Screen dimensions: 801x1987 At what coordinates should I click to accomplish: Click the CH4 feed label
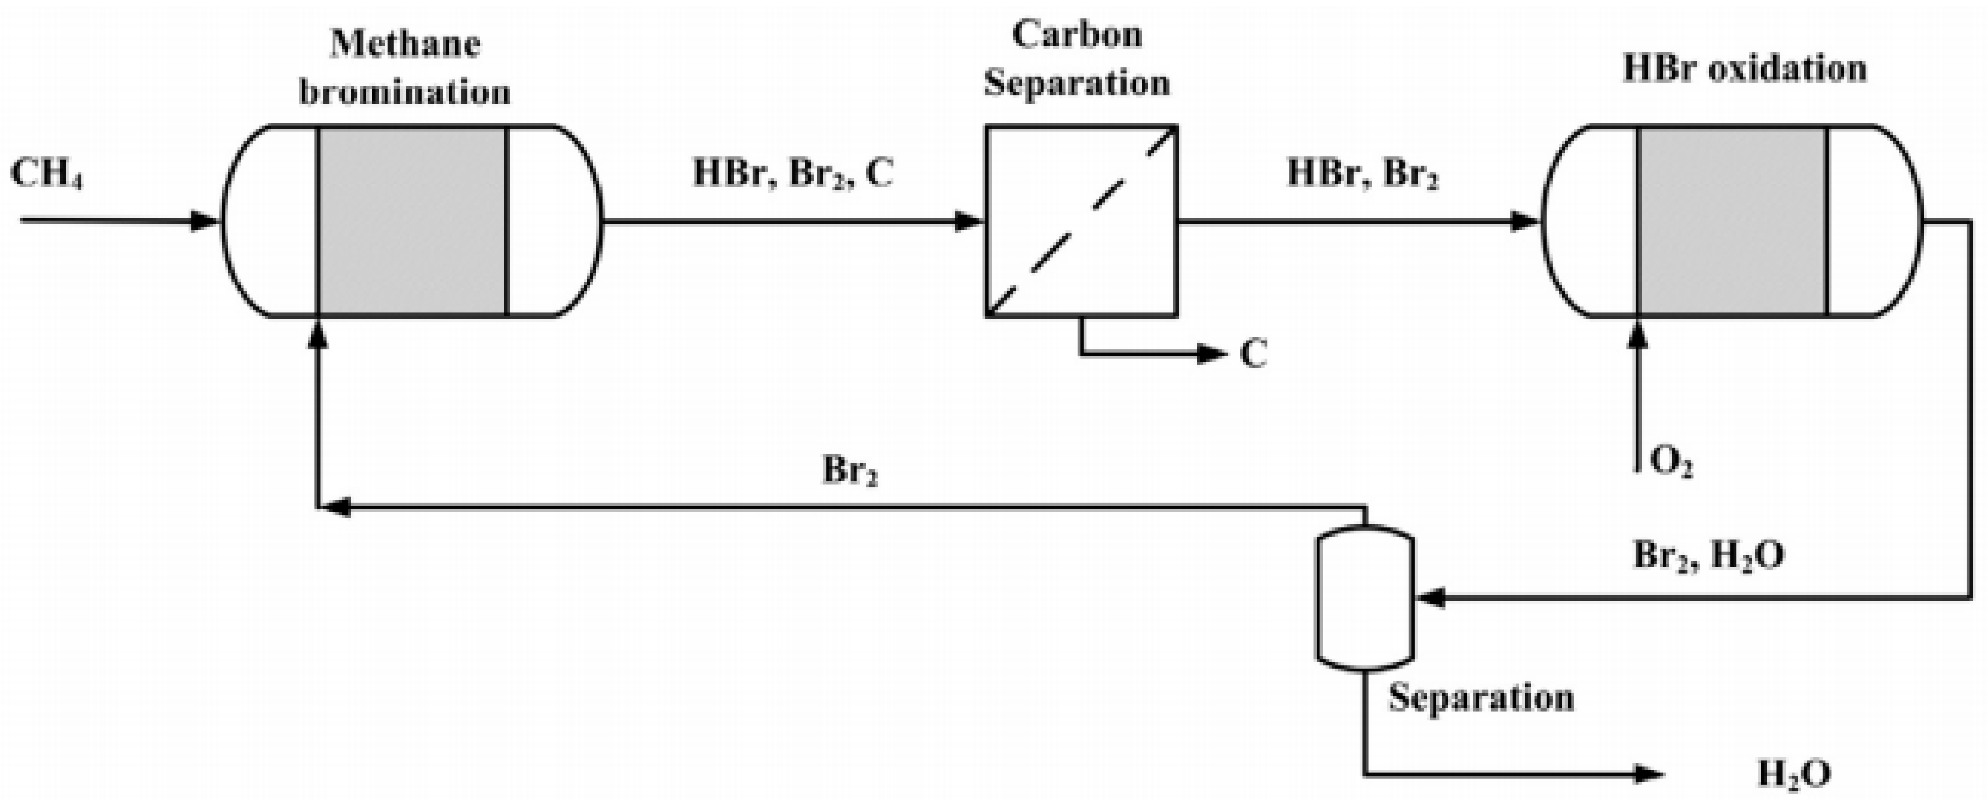click(x=46, y=174)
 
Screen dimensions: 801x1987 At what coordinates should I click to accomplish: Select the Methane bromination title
click(x=405, y=68)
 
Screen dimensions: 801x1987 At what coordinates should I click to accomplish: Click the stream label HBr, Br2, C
click(x=793, y=173)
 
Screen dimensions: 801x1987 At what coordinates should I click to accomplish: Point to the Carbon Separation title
click(x=1077, y=59)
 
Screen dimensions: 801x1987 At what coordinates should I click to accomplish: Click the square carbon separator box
click(x=1080, y=221)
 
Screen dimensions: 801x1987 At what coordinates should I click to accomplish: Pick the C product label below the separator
click(x=1254, y=354)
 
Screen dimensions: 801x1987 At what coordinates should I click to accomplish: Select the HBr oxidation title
click(x=1745, y=68)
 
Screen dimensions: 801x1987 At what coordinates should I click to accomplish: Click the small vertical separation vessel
click(x=1365, y=598)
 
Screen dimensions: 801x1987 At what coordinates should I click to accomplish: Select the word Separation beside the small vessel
click(x=1481, y=698)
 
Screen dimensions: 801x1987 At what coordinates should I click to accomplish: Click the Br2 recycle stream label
click(x=850, y=470)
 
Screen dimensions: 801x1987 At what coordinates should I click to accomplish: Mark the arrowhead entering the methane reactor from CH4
click(x=206, y=221)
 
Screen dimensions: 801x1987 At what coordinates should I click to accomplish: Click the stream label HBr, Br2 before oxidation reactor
click(x=1362, y=173)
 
